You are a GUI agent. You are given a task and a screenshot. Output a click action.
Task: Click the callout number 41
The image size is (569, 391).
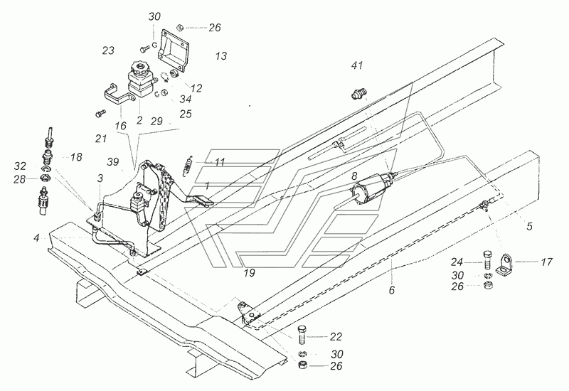click(357, 65)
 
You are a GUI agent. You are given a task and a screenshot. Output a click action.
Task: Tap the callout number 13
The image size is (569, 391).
click(221, 56)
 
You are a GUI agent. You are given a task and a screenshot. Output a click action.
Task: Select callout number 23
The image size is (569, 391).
click(108, 50)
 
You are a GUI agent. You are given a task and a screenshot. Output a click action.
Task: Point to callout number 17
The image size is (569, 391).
click(546, 262)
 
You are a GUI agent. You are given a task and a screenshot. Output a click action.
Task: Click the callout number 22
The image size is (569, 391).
click(336, 336)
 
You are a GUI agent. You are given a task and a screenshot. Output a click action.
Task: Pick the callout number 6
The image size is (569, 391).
click(392, 290)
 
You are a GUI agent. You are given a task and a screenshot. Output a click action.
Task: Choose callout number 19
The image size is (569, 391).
click(250, 273)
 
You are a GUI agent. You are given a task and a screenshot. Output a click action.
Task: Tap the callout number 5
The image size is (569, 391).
click(529, 227)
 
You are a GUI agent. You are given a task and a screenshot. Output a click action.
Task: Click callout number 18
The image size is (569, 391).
click(76, 157)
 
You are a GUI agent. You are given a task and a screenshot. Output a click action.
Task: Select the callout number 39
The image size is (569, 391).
click(113, 162)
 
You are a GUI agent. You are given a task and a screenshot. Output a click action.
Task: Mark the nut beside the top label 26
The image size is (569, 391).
click(180, 27)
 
